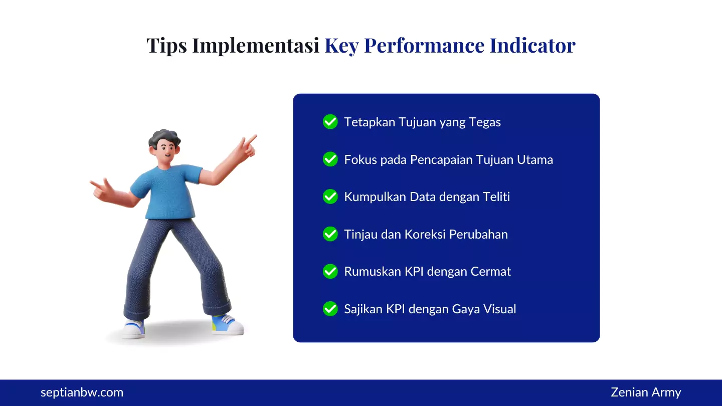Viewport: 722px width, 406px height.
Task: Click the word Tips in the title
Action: (166, 46)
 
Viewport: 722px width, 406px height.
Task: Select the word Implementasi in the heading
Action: (256, 46)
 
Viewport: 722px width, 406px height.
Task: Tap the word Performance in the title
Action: (424, 46)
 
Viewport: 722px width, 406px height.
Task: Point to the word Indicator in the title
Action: (532, 46)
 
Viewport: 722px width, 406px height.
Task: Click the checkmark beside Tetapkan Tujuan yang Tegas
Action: (330, 122)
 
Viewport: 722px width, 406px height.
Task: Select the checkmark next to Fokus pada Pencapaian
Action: (330, 159)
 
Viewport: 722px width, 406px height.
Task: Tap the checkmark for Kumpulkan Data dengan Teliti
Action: (330, 196)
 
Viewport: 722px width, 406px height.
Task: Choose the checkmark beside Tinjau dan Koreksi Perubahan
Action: (330, 234)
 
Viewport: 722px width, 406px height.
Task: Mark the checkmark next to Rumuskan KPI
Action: (330, 271)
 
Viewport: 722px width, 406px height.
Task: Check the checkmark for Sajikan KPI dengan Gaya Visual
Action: (330, 309)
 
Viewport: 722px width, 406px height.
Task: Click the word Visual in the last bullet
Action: (499, 309)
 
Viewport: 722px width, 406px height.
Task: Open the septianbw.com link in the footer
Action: (82, 392)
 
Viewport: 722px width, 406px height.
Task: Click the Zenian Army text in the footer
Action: (646, 392)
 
